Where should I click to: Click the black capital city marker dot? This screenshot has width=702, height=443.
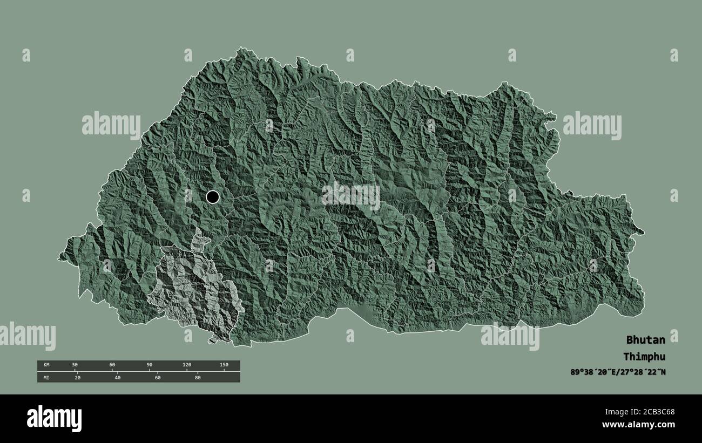tap(213, 197)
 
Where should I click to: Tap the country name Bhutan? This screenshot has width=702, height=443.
tap(645, 340)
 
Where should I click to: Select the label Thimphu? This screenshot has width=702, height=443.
tap(644, 357)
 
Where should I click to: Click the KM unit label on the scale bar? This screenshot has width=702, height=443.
tap(46, 365)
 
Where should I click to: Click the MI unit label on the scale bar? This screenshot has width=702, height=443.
tap(46, 377)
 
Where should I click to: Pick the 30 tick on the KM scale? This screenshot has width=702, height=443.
tap(75, 365)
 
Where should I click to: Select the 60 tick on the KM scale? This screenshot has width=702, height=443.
tap(112, 365)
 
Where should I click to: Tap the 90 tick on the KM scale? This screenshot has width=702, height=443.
tap(149, 365)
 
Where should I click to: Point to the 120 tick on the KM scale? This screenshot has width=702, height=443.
tap(186, 365)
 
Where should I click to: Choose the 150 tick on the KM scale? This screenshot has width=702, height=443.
tap(224, 365)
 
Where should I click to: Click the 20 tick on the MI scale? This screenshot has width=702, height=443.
tap(77, 377)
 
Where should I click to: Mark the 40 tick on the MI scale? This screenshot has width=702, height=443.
tap(117, 377)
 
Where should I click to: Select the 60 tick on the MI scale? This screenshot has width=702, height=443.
tap(157, 377)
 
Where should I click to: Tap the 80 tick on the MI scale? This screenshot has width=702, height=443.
tap(197, 377)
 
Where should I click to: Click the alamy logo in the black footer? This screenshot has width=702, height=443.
tap(54, 419)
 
